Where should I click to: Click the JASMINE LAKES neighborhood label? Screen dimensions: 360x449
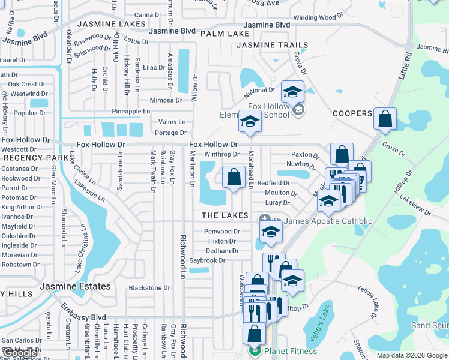coord(112,24)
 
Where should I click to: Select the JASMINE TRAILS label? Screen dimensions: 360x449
coord(273,45)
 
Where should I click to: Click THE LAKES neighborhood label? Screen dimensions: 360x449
coord(225,215)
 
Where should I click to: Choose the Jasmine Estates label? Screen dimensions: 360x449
coord(76,287)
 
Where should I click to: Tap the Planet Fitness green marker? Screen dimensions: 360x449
coord(255,352)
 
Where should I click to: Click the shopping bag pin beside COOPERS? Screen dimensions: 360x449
coord(385,119)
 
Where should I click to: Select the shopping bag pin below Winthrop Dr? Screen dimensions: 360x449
coord(234,177)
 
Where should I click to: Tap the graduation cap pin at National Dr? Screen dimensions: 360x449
coord(292,91)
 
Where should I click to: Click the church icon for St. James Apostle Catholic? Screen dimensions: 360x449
coord(263,219)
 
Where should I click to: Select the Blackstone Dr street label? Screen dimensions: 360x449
coord(149,288)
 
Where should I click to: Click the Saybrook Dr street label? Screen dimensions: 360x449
coord(207,260)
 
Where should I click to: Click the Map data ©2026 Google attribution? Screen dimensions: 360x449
coord(412,355)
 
